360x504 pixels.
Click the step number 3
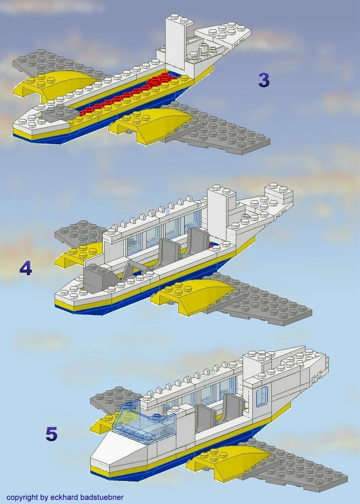(264, 80)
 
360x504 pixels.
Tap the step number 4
(25, 268)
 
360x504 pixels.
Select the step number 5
(51, 434)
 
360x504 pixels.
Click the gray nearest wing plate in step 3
(224, 134)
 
